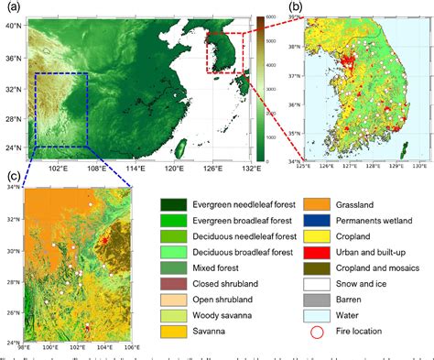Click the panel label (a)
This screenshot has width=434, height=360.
tap(16, 7)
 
